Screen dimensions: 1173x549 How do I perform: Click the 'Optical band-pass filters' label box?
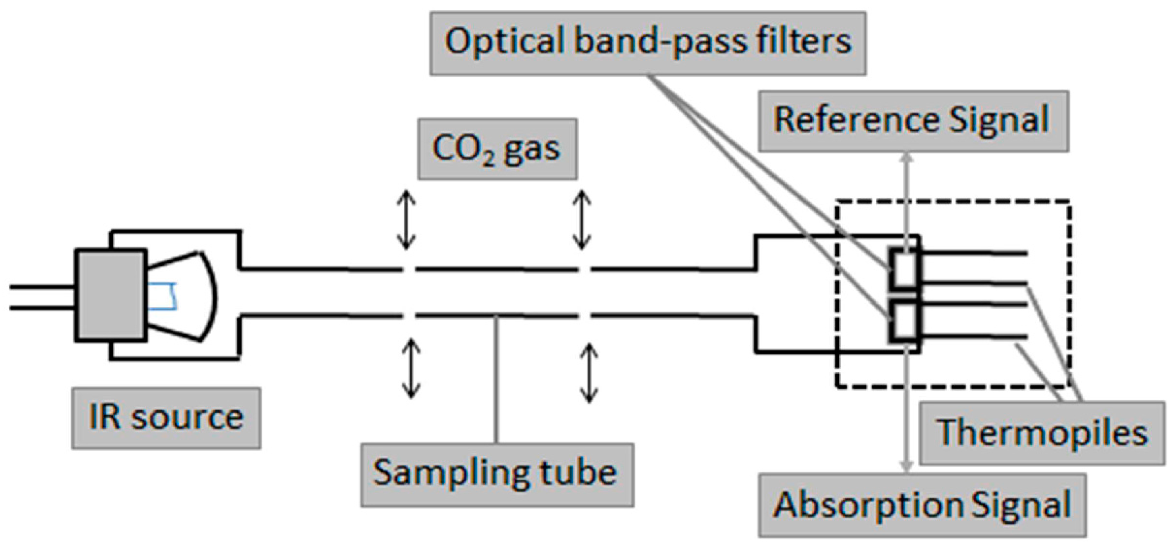(648, 43)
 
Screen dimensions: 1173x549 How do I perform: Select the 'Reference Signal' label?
(913, 121)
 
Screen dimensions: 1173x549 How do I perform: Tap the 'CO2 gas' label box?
(497, 149)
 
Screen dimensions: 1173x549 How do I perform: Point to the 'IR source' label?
(166, 418)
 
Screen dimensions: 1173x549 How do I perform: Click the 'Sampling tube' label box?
(497, 475)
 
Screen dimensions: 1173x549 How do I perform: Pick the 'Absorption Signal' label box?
(922, 505)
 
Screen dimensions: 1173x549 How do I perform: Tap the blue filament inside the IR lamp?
(163, 296)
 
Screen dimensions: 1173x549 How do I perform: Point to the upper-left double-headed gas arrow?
(406, 220)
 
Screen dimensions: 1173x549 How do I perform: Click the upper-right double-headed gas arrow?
(581, 220)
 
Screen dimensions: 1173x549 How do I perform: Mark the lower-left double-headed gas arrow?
(411, 369)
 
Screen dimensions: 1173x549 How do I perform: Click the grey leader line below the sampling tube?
(497, 380)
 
